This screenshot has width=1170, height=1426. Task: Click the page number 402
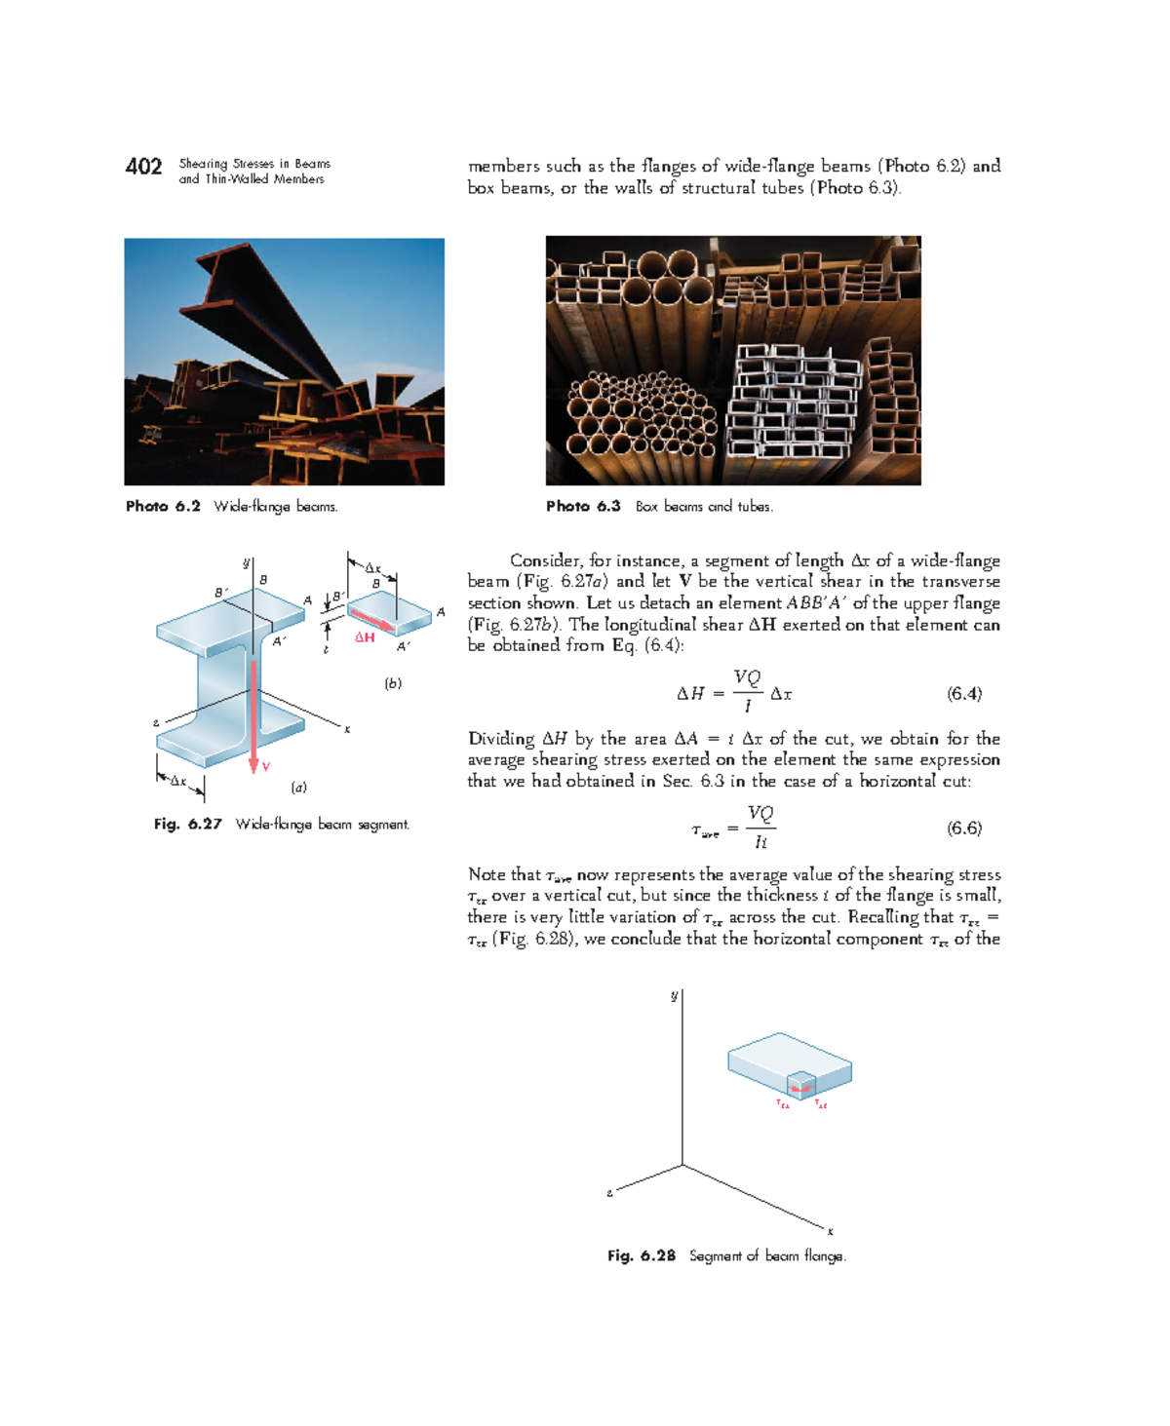coord(143,167)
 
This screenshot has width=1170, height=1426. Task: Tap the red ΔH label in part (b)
coord(365,637)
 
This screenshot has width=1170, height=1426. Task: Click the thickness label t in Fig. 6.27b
coord(326,649)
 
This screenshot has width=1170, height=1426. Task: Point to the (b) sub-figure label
coord(393,683)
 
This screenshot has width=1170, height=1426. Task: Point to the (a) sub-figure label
coord(298,787)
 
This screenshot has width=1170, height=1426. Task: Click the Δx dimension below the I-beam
coord(178,781)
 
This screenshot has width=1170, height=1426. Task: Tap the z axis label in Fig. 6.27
coord(156,723)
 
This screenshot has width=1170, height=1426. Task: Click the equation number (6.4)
coord(964,694)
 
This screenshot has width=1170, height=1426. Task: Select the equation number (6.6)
coord(964,829)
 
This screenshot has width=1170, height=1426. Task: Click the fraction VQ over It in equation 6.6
coord(760,828)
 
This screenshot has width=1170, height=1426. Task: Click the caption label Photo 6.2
coord(163,507)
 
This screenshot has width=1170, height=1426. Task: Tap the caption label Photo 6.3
coord(583,507)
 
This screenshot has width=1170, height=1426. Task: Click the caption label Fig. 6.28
coord(641,1256)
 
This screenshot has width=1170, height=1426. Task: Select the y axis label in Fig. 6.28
coord(674,995)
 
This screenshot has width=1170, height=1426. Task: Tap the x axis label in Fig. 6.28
coord(831,1231)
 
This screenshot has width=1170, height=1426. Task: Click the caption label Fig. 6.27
coord(187,825)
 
